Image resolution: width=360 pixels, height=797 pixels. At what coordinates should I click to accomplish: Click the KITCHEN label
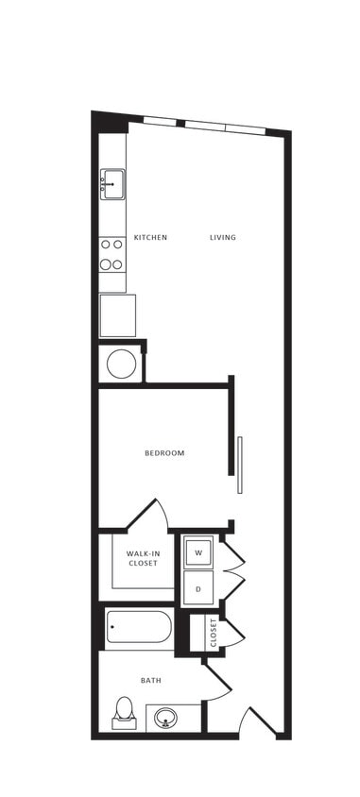click(x=150, y=237)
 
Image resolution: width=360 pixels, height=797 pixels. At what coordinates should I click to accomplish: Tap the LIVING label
click(x=223, y=237)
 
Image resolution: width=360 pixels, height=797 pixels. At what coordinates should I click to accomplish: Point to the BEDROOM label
click(x=164, y=453)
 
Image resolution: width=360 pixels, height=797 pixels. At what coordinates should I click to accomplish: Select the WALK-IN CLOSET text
click(x=143, y=558)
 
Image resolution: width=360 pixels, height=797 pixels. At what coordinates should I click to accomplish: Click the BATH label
click(x=150, y=680)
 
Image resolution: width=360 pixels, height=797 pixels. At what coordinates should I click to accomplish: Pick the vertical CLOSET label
click(x=214, y=632)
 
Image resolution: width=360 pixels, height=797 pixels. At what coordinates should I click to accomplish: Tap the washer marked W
click(x=198, y=551)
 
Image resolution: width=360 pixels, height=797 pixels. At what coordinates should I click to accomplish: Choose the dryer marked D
click(x=198, y=587)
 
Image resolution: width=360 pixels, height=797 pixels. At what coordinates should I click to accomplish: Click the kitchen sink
click(x=112, y=183)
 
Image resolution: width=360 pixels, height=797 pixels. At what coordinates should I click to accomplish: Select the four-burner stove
click(x=112, y=252)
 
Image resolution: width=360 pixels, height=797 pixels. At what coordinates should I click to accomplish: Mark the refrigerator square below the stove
click(x=118, y=314)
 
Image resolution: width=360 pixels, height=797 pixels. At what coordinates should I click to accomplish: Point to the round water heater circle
click(x=120, y=364)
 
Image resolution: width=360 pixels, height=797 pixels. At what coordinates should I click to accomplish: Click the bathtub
click(x=138, y=628)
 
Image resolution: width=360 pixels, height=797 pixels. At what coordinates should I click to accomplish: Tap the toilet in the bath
click(x=124, y=713)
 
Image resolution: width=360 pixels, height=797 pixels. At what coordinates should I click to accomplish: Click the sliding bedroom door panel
click(x=240, y=464)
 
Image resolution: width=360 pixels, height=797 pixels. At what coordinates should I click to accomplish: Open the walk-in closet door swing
click(x=151, y=516)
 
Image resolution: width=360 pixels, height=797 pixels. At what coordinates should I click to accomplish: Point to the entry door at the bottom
click(x=257, y=722)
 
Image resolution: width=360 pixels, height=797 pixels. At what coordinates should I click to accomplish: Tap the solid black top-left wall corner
click(x=109, y=121)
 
